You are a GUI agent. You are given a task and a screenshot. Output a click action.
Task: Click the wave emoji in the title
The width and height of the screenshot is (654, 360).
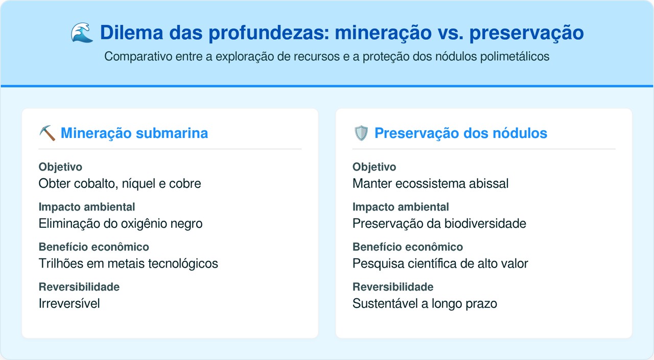click(82, 33)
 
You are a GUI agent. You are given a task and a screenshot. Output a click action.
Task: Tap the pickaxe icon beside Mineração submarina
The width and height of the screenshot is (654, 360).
click(47, 133)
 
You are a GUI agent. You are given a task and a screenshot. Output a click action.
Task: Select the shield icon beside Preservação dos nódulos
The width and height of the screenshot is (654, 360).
click(361, 133)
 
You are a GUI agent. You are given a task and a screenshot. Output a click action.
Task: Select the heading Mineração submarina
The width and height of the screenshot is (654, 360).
click(134, 133)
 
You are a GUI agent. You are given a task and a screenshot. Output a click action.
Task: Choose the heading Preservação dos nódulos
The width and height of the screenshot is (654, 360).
click(460, 133)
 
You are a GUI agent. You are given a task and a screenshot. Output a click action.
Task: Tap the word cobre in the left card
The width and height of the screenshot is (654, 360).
click(185, 183)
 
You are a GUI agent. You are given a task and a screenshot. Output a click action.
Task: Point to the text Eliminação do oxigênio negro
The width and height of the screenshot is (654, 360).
click(121, 223)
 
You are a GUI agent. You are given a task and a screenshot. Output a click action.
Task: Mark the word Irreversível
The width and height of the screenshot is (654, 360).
click(69, 303)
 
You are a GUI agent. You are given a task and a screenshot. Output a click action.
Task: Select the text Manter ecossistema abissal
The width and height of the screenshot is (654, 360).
click(430, 183)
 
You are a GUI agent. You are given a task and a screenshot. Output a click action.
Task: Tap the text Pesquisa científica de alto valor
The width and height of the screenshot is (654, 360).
click(440, 263)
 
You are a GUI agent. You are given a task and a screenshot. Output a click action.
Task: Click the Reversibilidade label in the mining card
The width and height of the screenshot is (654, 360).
click(79, 287)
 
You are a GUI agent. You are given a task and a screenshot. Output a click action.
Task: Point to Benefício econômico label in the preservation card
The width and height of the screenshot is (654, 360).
click(407, 247)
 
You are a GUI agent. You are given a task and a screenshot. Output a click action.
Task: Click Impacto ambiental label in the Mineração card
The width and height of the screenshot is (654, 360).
click(87, 207)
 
